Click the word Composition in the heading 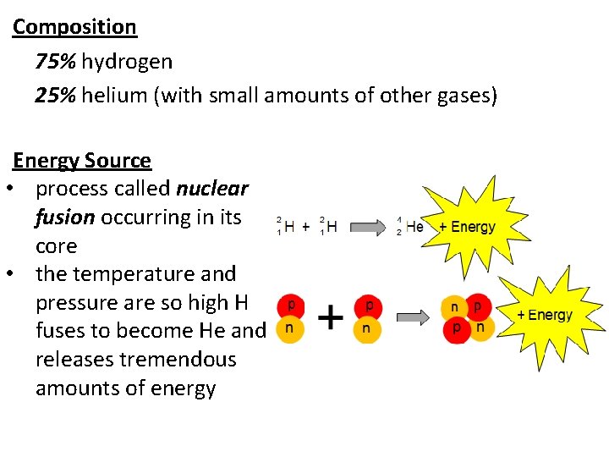point(74,27)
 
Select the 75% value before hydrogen point(56,62)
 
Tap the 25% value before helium point(56,96)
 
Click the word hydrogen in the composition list point(127,62)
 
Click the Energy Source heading point(82,161)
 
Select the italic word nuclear point(212,189)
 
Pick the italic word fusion point(64,217)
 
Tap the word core point(56,246)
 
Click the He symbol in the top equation point(414,227)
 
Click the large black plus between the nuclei point(330,318)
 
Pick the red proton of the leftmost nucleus point(290,305)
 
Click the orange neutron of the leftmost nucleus point(290,328)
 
